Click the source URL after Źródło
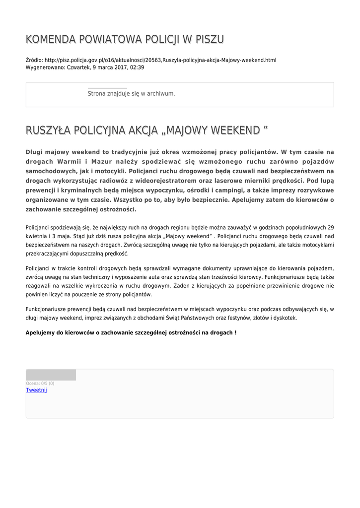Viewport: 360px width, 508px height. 160,60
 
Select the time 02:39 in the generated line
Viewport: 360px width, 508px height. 137,67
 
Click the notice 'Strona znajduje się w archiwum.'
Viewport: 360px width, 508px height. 131,93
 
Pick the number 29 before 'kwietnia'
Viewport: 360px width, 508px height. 330,228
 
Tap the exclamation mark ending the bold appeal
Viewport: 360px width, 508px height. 235,332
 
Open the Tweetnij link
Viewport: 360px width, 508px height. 36,390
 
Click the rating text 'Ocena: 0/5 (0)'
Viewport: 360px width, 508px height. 40,383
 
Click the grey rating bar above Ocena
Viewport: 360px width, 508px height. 51,375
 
